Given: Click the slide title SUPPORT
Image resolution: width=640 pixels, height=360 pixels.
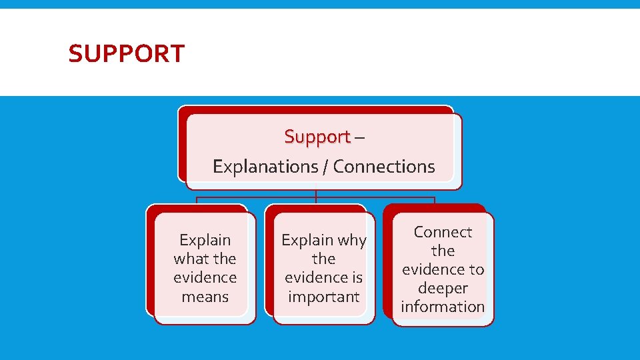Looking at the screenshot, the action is pos(126,53).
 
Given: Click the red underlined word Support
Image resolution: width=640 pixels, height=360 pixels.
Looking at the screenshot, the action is pos(317,137).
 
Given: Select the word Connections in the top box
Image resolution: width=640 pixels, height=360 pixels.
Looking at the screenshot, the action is pos(384,167).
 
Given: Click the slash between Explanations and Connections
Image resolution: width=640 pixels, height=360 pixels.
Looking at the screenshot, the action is pos(327,167).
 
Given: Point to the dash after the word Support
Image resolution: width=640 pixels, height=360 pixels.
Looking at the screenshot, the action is pos(359,137).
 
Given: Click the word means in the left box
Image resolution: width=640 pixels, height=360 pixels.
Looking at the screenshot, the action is pos(205,297).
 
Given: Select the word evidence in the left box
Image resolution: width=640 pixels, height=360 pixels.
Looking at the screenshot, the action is pos(205,277).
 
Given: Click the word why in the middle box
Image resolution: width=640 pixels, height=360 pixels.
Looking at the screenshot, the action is pos(351,240).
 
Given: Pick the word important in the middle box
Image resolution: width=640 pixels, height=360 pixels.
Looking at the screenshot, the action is pos(323,297).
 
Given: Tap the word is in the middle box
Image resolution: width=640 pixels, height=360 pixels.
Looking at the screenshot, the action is pos(355,277).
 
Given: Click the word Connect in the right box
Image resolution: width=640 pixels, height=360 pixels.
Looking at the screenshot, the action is pos(443,232).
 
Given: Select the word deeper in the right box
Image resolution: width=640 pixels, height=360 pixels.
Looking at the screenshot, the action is pos(443,288).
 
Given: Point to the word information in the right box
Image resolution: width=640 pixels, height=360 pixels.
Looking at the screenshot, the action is pos(443,307).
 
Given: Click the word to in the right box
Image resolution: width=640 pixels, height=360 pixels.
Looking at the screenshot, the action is pos(476,269).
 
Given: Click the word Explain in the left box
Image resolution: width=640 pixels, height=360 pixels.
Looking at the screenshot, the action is pos(205,240).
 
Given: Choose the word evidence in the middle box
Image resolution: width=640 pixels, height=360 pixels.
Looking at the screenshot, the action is pos(315,277).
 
